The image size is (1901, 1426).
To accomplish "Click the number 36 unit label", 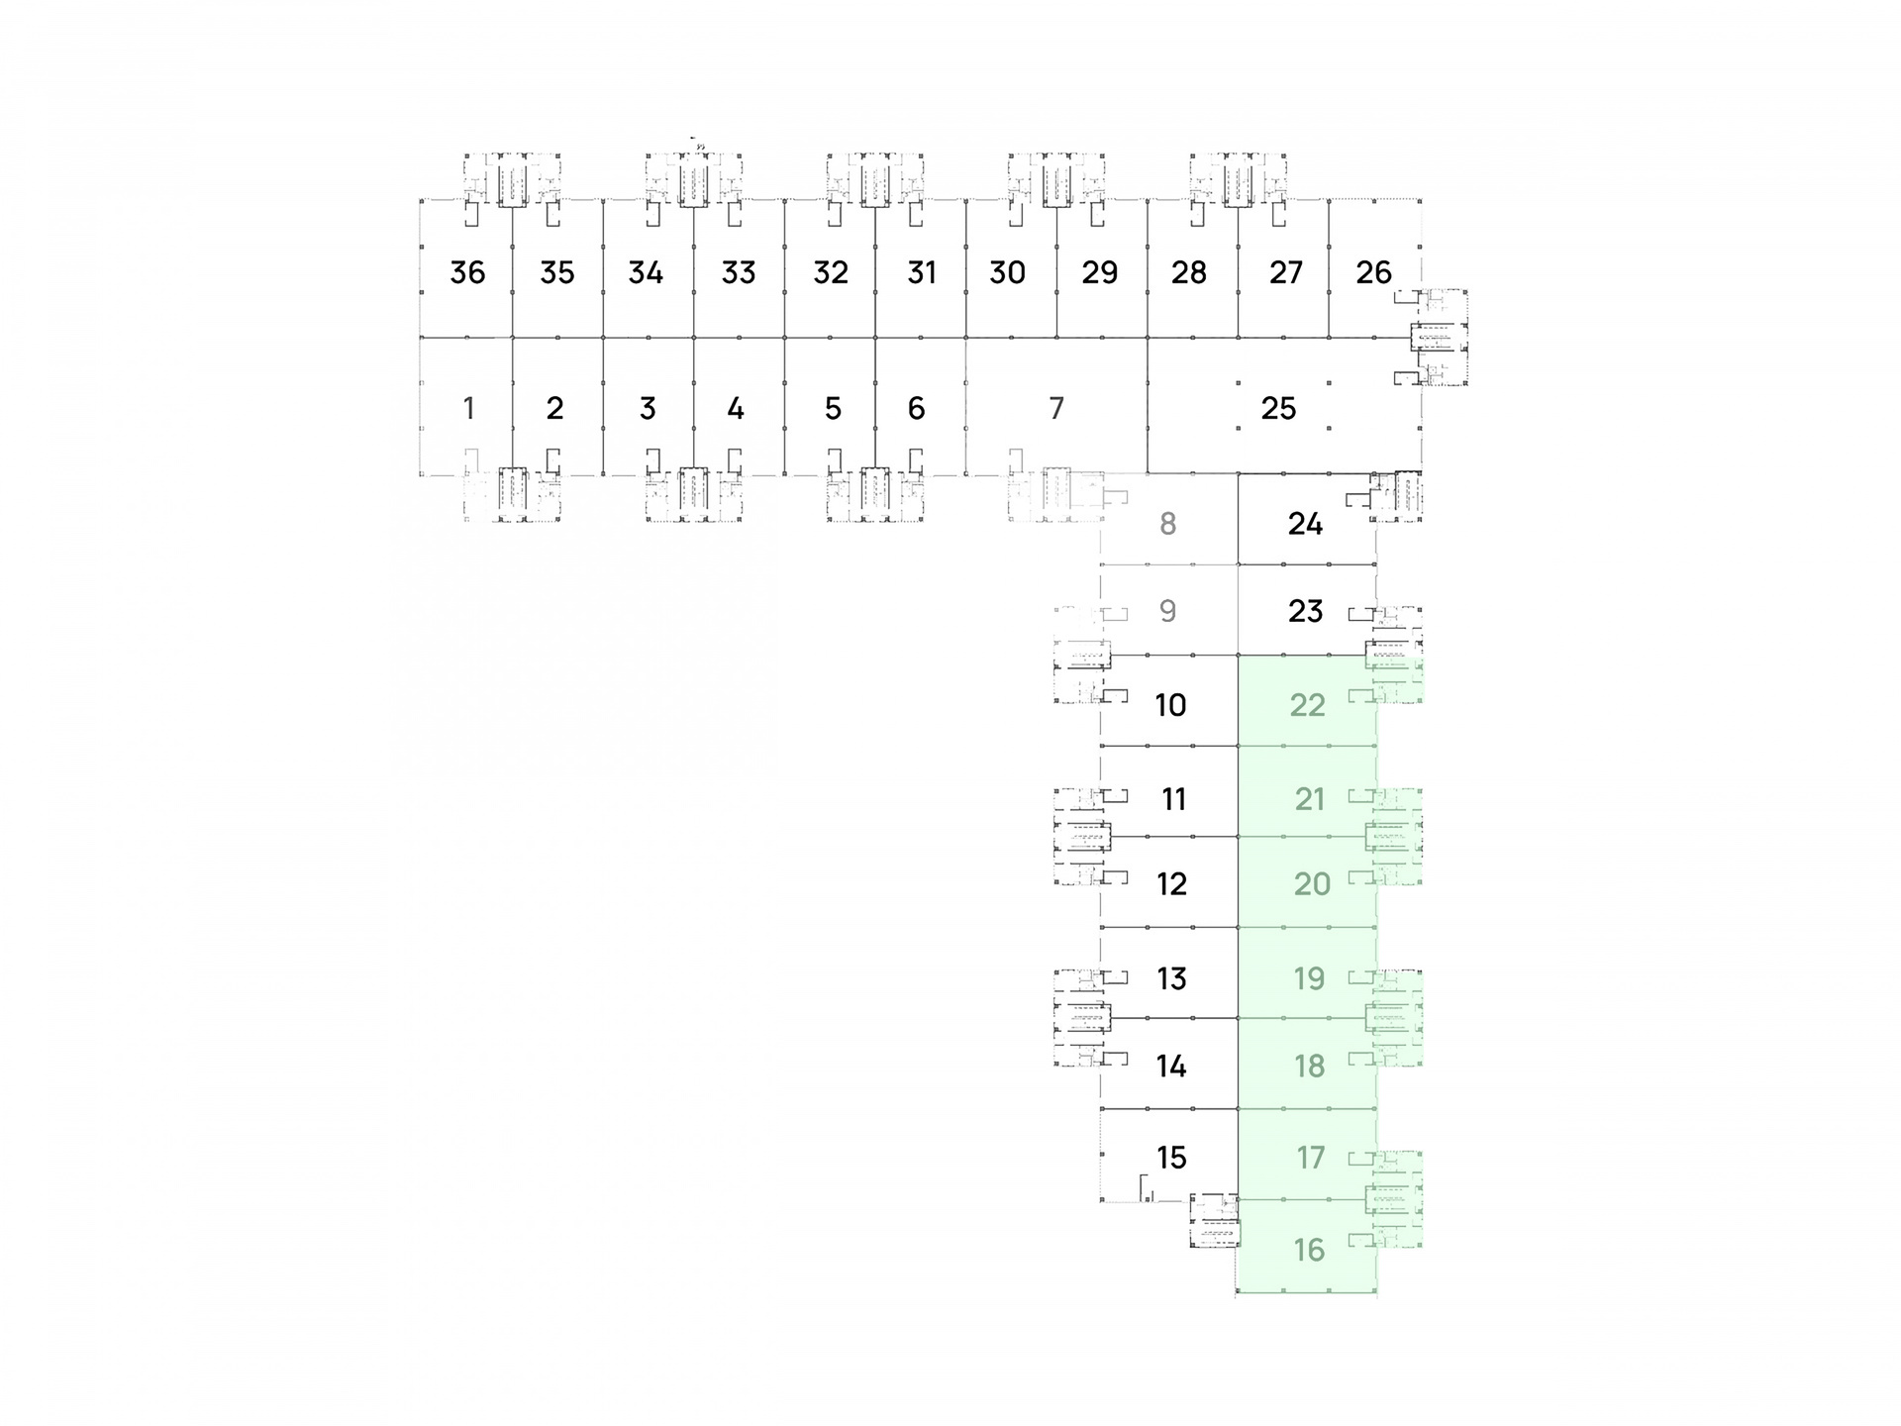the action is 467,272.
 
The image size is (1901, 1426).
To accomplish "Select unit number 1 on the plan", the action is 468,408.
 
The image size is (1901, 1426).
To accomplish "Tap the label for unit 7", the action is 1056,408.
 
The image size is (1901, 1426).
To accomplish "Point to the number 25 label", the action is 1278,408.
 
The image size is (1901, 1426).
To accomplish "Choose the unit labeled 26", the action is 1373,272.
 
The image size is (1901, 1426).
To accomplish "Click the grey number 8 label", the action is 1168,523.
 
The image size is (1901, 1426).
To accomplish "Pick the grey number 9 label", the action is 1168,610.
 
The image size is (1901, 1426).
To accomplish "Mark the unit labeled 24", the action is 1305,523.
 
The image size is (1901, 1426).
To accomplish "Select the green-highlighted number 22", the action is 1307,705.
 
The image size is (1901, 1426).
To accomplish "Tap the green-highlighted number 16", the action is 1309,1250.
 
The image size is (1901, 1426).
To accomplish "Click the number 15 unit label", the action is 1171,1157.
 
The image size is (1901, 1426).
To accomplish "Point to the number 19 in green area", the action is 1309,978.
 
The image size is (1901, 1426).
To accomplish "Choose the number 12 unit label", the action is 1171,883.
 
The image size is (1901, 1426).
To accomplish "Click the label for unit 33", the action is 739,272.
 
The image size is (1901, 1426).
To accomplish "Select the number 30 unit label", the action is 1007,272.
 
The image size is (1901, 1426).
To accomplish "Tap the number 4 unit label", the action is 736,408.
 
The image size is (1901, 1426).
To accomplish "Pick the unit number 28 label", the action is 1189,272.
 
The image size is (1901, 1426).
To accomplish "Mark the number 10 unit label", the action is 1170,705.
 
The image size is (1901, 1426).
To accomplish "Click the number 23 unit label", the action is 1305,610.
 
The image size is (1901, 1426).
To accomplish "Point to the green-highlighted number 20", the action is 1312,883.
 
